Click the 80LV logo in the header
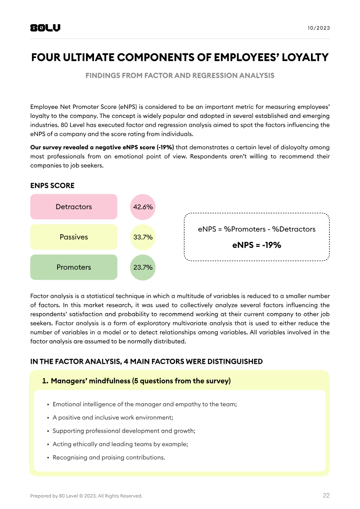click(x=45, y=28)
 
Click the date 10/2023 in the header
click(x=319, y=28)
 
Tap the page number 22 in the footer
click(x=326, y=496)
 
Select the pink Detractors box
click(x=74, y=207)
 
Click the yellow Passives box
click(x=74, y=237)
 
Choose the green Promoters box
click(x=74, y=267)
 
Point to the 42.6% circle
click(x=143, y=207)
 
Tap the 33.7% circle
click(x=143, y=237)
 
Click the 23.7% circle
click(x=143, y=267)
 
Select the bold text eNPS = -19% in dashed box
click(x=256, y=245)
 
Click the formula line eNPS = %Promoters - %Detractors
click(x=256, y=229)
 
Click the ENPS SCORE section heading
click(x=52, y=186)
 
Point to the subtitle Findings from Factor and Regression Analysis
click(x=180, y=76)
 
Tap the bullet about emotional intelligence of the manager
click(x=144, y=404)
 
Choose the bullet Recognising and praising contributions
click(x=109, y=457)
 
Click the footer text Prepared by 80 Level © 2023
click(x=86, y=496)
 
